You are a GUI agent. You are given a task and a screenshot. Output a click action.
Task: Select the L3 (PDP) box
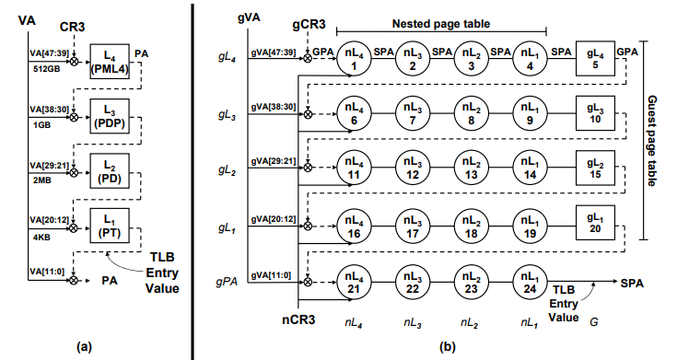[x=109, y=117]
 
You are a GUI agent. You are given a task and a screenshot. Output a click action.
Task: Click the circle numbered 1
[x=356, y=60]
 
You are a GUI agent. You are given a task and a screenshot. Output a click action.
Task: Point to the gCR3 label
[x=309, y=20]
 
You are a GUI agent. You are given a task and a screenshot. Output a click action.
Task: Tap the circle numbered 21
[x=356, y=279]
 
